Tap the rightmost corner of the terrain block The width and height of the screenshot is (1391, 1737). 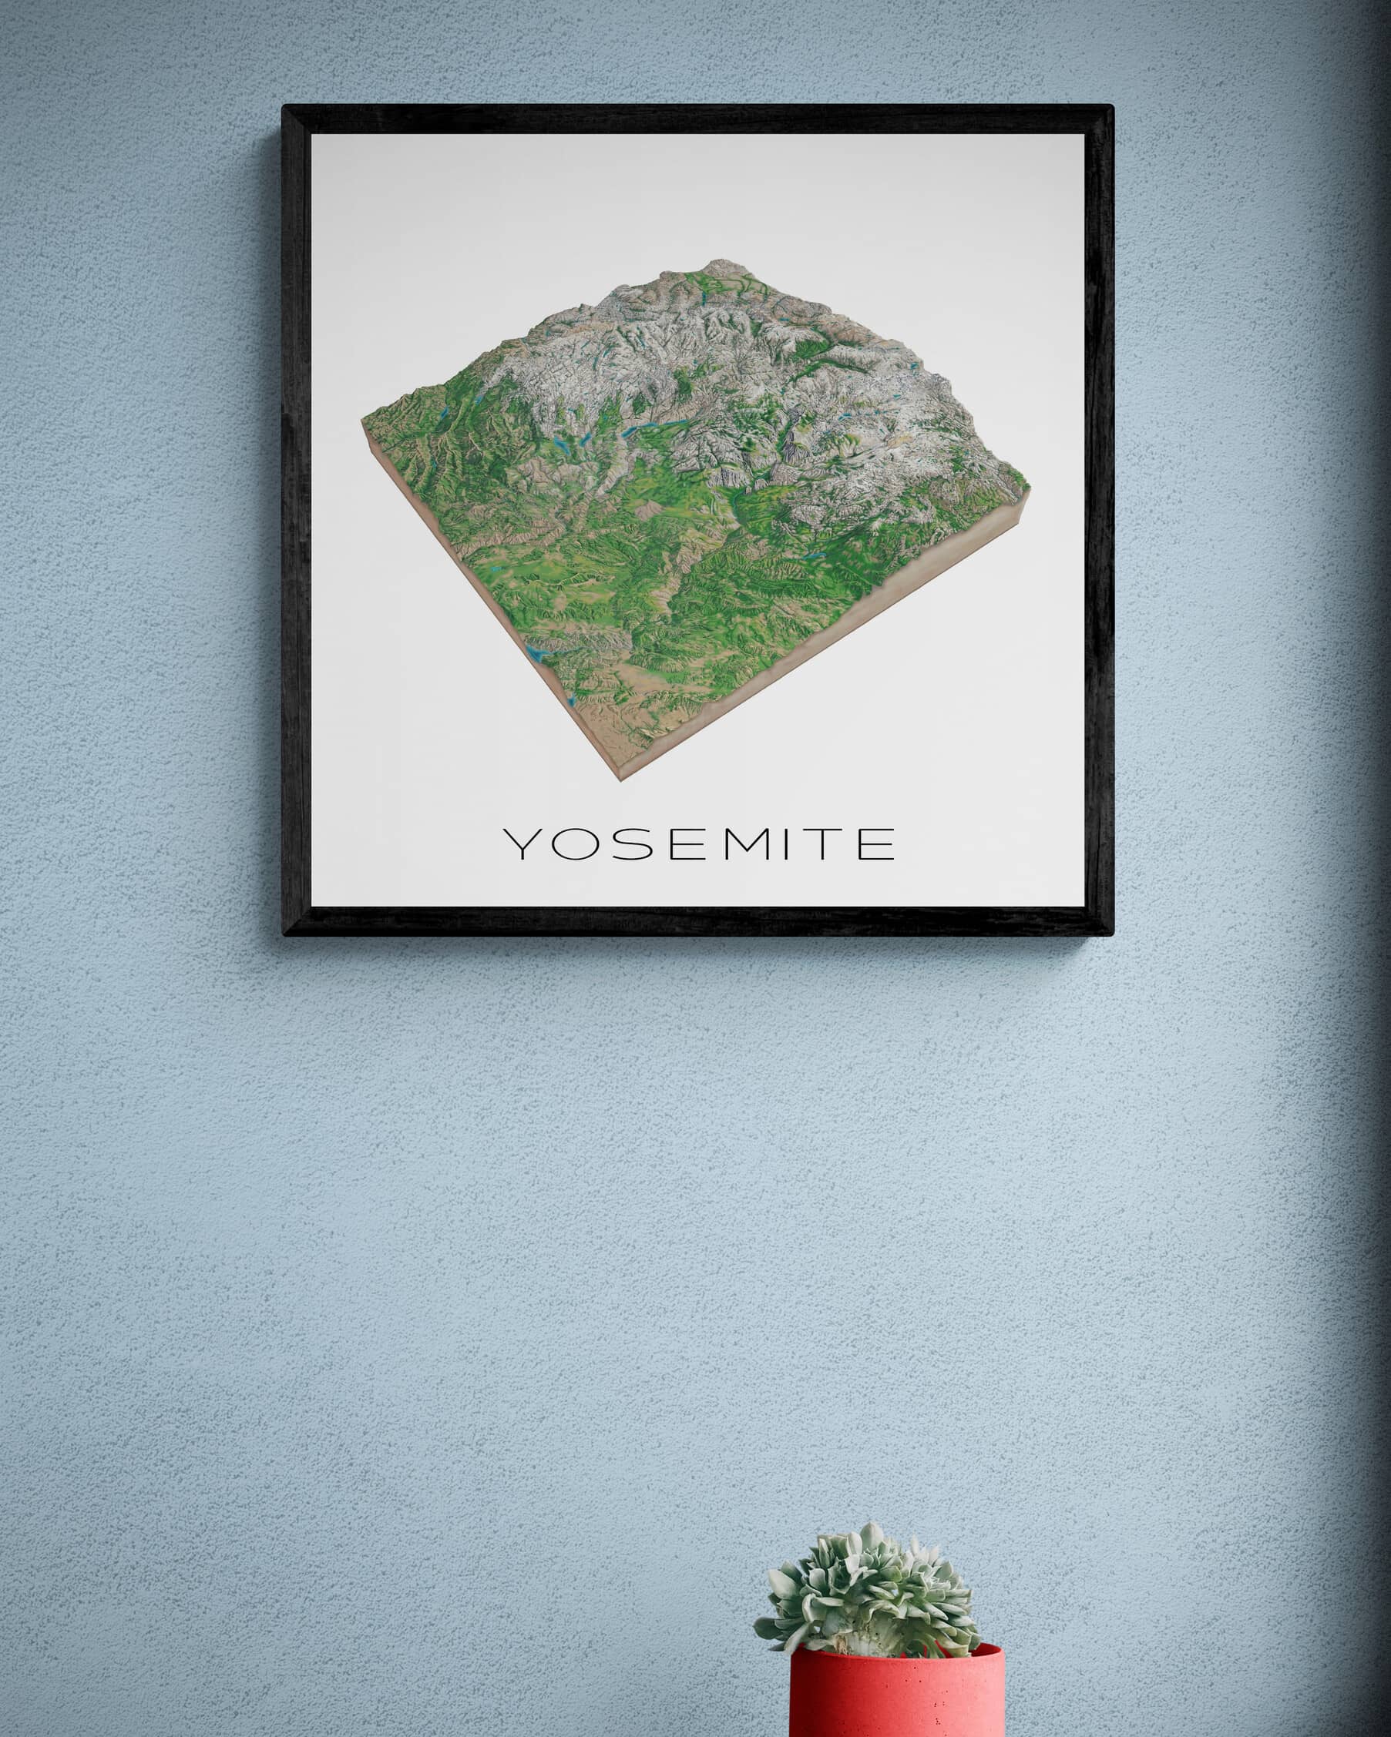click(1029, 488)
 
